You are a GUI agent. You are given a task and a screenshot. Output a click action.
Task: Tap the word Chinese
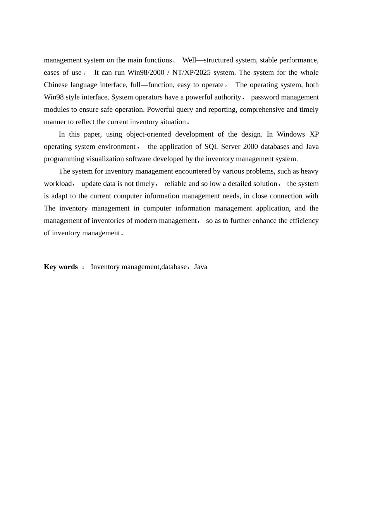coord(56,85)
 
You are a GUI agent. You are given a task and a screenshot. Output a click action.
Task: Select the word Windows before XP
coord(291,135)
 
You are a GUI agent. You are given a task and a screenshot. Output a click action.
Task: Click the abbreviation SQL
coord(212,147)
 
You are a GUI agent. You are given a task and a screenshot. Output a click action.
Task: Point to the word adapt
coord(59,196)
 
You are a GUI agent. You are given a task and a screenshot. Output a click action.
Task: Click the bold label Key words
coord(61,267)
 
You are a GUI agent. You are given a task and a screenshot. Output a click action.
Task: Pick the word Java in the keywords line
coord(201,267)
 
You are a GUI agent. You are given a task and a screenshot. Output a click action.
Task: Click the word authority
coord(225,97)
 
